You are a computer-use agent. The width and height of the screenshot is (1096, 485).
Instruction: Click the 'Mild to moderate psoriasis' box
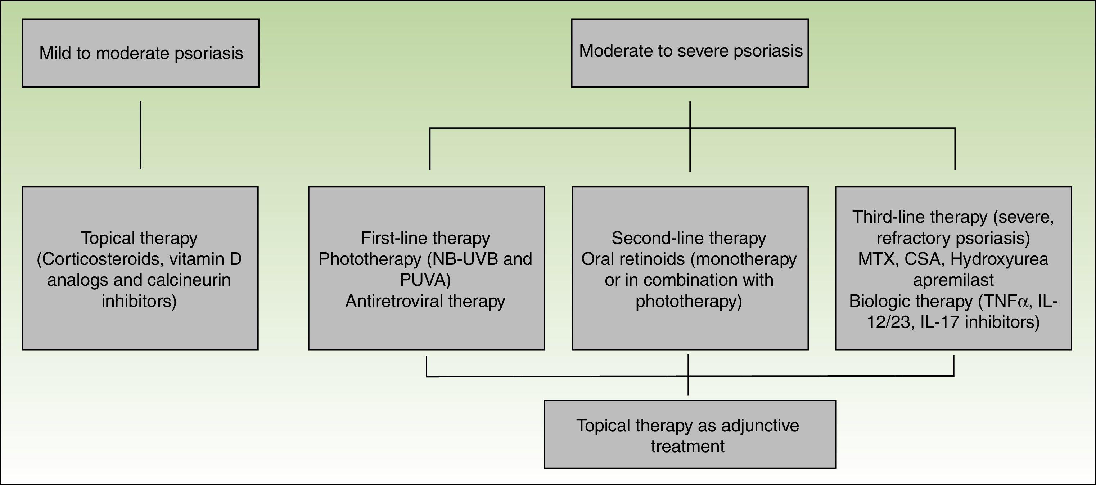[140, 53]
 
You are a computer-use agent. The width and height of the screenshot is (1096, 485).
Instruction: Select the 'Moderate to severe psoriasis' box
[690, 53]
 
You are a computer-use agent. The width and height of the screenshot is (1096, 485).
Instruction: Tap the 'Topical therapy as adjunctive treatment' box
[690, 434]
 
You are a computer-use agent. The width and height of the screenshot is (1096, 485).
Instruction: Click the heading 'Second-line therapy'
[689, 238]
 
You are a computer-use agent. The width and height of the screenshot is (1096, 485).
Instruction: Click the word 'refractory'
[911, 238]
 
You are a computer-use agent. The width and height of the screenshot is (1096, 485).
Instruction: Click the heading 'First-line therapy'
[425, 238]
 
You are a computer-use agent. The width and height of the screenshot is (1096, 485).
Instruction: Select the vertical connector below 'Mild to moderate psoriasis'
[140, 135]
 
